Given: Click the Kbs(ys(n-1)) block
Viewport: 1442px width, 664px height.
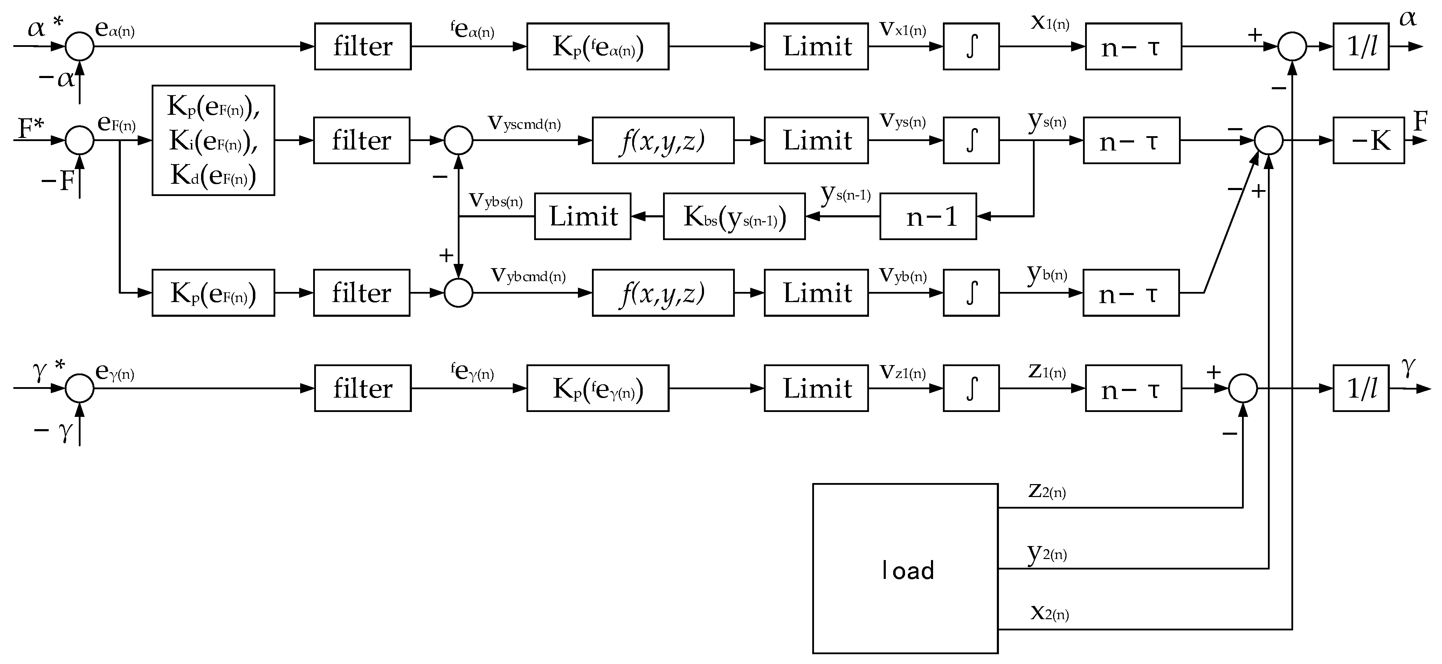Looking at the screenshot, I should [x=734, y=216].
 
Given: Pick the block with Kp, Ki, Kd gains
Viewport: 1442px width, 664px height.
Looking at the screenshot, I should [x=213, y=140].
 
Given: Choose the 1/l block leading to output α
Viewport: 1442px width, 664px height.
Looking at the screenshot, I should [x=1360, y=47].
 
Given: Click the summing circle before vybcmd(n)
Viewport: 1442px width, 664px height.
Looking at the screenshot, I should [x=458, y=293].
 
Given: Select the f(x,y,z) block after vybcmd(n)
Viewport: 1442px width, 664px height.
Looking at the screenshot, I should [x=663, y=293].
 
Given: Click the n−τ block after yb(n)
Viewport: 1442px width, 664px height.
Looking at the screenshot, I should [x=1131, y=293].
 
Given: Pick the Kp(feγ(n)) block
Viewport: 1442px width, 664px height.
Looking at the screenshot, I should [x=597, y=388].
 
